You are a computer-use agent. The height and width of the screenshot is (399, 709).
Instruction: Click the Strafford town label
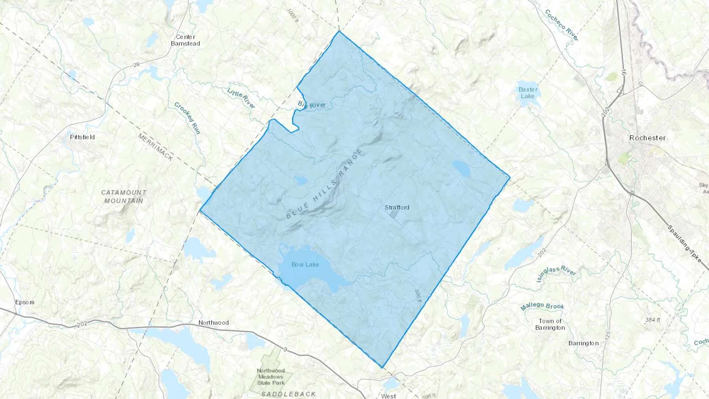(x=397, y=208)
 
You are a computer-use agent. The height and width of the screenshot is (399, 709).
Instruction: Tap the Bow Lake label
(x=305, y=265)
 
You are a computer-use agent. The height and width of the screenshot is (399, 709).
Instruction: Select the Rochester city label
(x=647, y=138)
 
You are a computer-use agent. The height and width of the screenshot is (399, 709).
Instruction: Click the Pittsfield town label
(x=82, y=137)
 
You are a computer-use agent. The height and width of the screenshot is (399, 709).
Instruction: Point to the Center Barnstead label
(x=186, y=40)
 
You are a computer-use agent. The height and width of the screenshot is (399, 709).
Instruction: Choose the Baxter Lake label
(x=528, y=93)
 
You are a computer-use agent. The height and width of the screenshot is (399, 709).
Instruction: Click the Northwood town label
(x=213, y=323)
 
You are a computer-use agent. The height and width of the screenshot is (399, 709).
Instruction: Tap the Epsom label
(x=24, y=302)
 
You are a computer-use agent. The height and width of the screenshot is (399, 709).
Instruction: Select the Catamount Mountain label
(x=124, y=197)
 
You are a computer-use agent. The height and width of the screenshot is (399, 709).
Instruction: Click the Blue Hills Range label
(x=324, y=184)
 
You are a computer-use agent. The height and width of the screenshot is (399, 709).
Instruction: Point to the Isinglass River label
(x=556, y=274)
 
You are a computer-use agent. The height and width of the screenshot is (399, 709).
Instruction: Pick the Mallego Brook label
(x=542, y=306)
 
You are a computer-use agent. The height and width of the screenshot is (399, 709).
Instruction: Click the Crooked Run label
(x=187, y=118)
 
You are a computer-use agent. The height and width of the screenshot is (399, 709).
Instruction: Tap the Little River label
(x=241, y=98)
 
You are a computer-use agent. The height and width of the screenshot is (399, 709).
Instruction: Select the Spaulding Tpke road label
(x=685, y=244)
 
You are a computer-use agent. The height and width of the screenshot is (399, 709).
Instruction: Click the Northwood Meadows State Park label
(x=271, y=377)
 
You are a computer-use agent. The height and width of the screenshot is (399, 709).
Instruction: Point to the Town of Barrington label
(x=550, y=325)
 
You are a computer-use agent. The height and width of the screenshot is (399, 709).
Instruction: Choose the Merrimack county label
(x=155, y=147)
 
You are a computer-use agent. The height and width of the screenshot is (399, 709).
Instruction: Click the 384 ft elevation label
(x=652, y=320)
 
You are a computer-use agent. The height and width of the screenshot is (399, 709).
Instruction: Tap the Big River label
(x=312, y=105)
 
